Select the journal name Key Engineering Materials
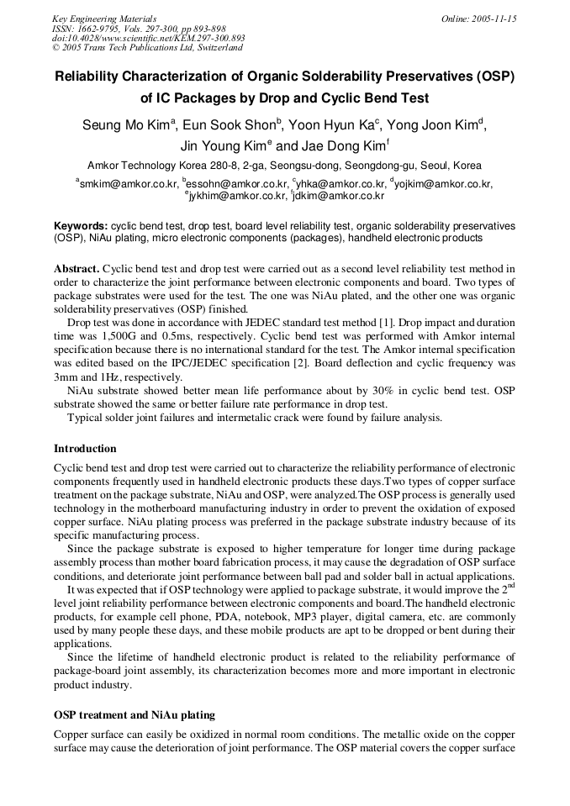(104, 18)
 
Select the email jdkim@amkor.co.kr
(339, 196)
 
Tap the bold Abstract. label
(77, 268)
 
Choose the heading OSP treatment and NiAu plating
(135, 714)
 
